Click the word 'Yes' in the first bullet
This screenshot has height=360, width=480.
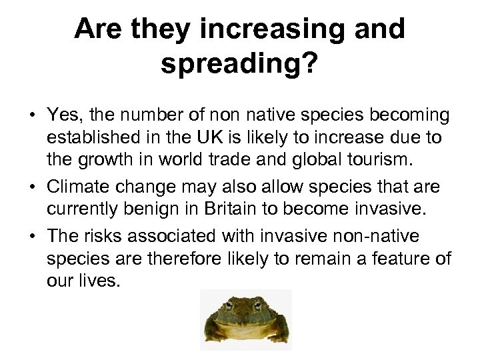click(x=61, y=115)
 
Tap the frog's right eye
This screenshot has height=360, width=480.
click(x=263, y=305)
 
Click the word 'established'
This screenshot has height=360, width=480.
click(x=87, y=138)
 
